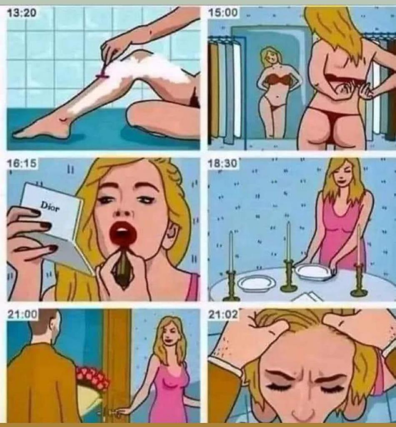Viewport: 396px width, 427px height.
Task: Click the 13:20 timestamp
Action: [21, 13]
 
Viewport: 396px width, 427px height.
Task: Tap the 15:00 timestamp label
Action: [223, 13]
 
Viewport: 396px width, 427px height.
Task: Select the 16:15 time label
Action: [22, 163]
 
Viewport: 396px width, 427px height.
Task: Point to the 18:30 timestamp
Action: [223, 163]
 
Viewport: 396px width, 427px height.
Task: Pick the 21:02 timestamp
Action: [223, 314]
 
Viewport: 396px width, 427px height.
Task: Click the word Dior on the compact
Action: [50, 206]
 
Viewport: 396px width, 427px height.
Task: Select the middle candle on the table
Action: [288, 241]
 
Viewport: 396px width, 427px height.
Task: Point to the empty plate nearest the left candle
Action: [256, 283]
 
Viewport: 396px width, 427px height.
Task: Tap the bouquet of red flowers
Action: [92, 377]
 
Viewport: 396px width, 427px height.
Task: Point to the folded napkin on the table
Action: [308, 296]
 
